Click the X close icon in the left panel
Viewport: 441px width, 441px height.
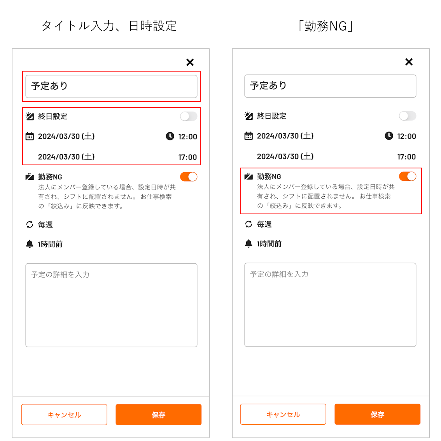[190, 62]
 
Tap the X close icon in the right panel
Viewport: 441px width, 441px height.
[409, 62]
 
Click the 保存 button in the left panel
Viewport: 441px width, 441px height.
[158, 415]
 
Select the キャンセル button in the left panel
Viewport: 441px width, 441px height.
[64, 415]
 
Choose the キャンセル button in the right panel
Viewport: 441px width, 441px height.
[283, 414]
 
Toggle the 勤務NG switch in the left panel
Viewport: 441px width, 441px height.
[189, 177]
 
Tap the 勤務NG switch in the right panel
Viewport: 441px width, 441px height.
[408, 176]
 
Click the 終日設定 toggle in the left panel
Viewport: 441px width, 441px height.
[189, 116]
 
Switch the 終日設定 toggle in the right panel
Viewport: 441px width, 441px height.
[408, 116]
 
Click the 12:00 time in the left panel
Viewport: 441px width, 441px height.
[187, 136]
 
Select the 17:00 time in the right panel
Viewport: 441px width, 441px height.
[406, 157]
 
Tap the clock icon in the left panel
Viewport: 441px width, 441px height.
[170, 136]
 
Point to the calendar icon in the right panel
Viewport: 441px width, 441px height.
[248, 136]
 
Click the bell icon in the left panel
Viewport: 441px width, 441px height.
[30, 244]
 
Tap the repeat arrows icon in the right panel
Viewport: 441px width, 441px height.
[248, 224]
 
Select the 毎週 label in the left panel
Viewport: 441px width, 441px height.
[45, 225]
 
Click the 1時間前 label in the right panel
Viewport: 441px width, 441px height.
[269, 243]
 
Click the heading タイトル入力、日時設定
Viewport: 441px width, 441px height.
[109, 26]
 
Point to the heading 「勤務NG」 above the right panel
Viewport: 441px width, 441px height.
[325, 26]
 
